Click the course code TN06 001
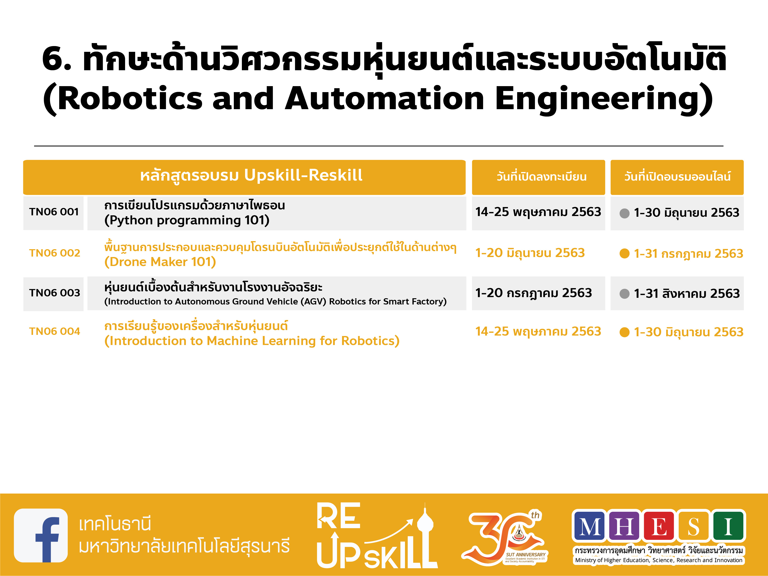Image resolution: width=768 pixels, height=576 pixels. point(54,212)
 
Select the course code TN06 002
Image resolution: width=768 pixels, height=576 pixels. point(55,253)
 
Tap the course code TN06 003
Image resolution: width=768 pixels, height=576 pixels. point(55,293)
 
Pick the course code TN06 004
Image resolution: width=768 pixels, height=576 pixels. point(55,331)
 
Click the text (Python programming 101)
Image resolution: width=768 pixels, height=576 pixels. point(187,220)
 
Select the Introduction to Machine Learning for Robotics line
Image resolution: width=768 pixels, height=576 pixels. point(252,341)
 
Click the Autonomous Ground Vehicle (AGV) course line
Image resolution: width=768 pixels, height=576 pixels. point(275,301)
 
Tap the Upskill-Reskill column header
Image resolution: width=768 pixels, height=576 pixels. point(251,175)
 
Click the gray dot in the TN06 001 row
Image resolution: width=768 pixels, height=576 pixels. point(624,213)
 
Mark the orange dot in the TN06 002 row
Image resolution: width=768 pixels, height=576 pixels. point(624,254)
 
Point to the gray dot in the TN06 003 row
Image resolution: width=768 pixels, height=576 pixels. point(624,294)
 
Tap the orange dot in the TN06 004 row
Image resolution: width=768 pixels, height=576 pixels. point(624,332)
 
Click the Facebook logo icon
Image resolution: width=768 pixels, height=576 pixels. point(41,535)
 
